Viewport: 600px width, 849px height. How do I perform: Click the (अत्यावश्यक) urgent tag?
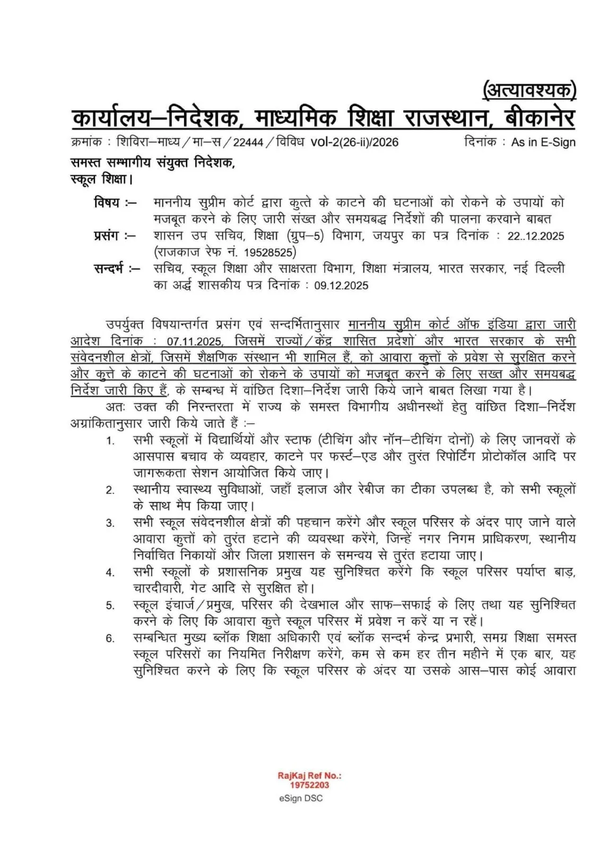[528, 91]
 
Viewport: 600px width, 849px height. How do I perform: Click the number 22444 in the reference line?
[248, 142]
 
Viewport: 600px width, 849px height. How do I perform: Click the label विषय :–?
[115, 203]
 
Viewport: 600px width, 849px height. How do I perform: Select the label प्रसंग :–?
[114, 236]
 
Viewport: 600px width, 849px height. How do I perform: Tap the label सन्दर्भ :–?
[117, 268]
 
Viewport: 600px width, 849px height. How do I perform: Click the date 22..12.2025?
[535, 236]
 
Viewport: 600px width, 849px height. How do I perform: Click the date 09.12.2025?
[341, 285]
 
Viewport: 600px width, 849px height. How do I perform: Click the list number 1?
[110, 441]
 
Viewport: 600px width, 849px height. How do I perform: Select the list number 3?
[110, 523]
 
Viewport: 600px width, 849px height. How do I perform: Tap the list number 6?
[110, 638]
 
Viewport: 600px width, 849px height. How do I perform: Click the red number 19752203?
[309, 785]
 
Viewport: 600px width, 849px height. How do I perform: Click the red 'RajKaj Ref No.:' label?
[309, 776]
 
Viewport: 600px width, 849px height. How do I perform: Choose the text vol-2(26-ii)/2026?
[354, 142]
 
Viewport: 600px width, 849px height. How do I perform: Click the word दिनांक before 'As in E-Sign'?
[480, 142]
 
